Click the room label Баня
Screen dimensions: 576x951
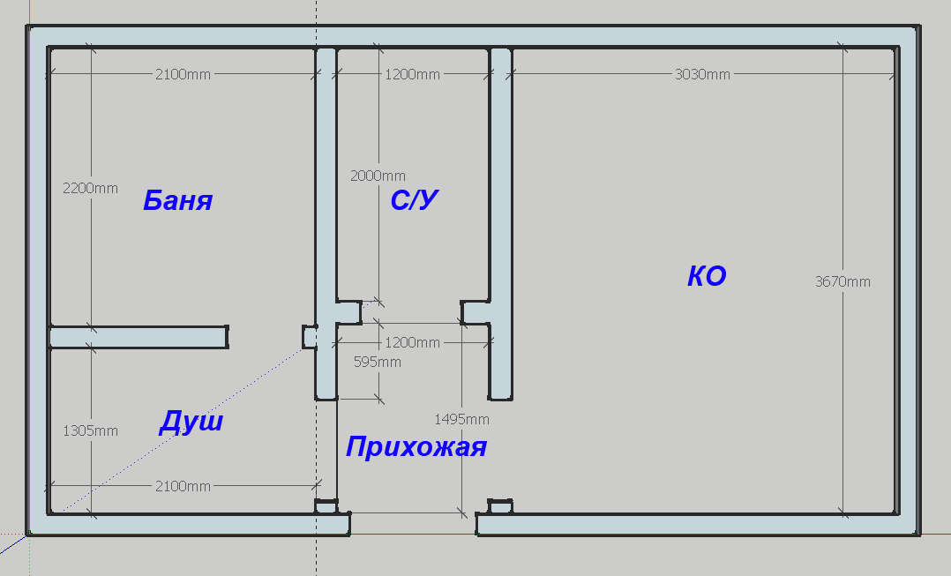pos(177,201)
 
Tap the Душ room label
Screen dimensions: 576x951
pos(191,423)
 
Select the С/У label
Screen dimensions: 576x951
pos(415,201)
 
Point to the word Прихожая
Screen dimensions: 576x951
pos(416,447)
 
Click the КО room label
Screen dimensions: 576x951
pos(707,277)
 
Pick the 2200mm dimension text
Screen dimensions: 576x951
pos(90,189)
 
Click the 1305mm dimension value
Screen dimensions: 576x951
pos(90,431)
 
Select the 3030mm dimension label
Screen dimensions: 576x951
pos(702,75)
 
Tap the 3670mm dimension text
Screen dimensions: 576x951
pos(842,282)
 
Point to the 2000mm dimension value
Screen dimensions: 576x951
pos(378,176)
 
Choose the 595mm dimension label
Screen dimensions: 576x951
pos(377,362)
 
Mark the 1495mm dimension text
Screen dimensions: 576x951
pos(461,419)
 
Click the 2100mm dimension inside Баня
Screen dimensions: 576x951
pos(183,75)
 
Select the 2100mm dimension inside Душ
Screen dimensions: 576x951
pos(183,486)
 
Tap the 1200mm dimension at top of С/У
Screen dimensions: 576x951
pos(412,75)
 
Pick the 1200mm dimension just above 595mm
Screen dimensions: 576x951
pos(412,342)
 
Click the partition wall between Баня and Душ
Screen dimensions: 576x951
pos(139,337)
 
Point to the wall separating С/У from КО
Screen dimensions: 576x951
pos(501,176)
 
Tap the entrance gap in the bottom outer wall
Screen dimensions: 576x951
pos(413,525)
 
